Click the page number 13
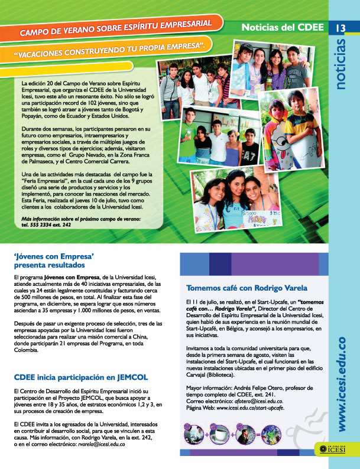point(342,28)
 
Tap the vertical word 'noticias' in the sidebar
point(343,64)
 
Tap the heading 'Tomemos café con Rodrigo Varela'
point(247,288)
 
